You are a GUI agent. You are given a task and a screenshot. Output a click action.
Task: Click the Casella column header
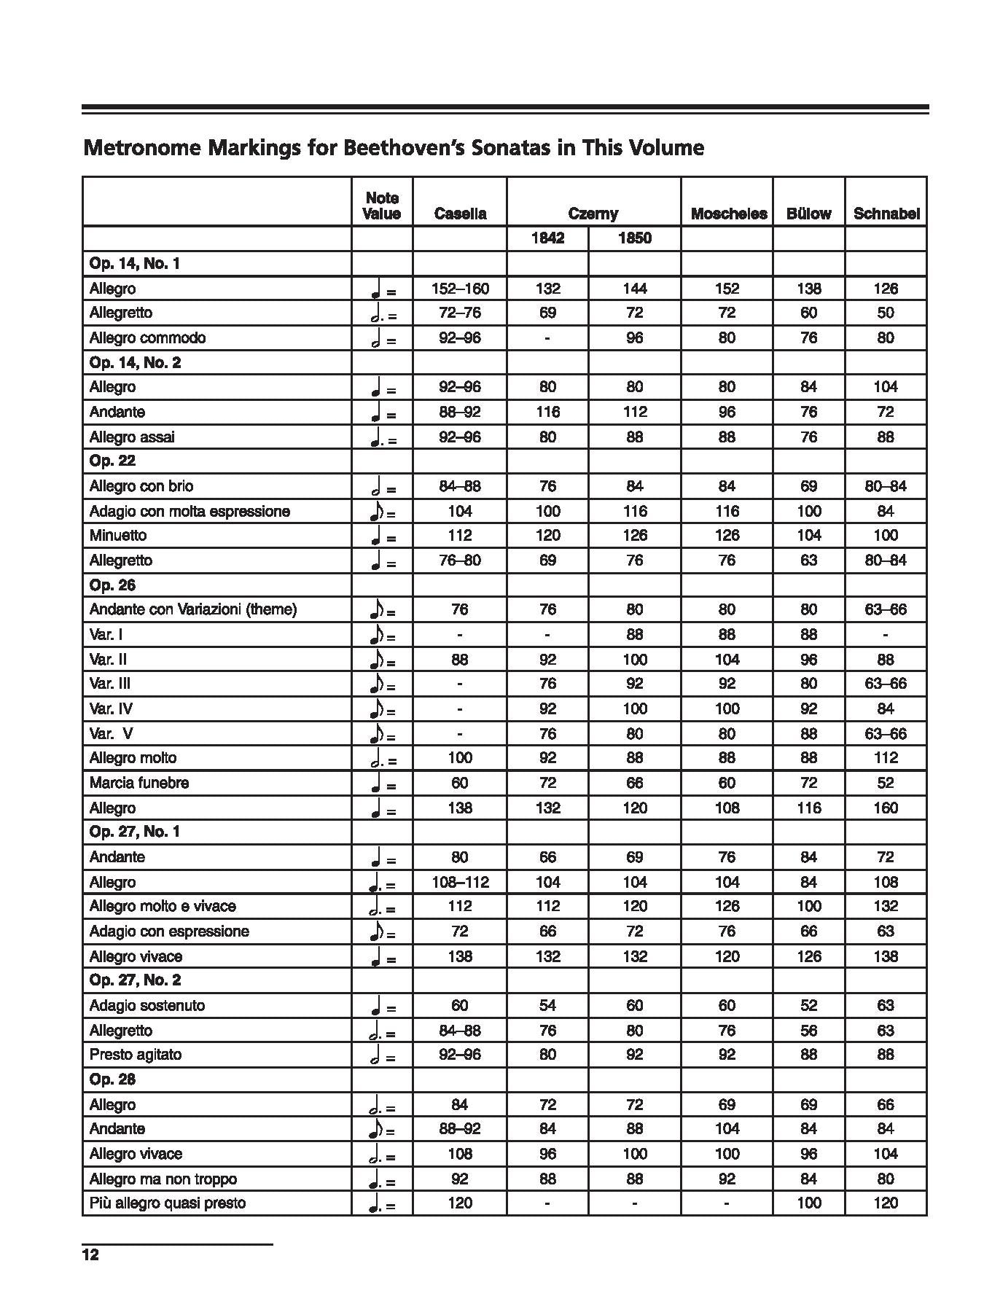(460, 214)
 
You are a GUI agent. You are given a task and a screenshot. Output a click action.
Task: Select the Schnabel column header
(886, 214)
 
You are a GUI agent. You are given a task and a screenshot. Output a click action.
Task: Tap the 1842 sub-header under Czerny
(547, 238)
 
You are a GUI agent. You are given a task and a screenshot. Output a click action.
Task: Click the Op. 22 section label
(112, 461)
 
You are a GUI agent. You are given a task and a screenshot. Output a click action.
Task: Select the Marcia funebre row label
(138, 783)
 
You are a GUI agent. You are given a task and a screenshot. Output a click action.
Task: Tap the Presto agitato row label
(135, 1054)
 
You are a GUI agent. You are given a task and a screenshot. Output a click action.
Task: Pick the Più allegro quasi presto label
(167, 1203)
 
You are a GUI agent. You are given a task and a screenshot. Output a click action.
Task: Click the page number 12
(90, 1254)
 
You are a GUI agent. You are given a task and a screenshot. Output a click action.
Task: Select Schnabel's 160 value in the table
(886, 808)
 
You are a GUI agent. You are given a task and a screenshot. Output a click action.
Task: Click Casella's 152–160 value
(460, 289)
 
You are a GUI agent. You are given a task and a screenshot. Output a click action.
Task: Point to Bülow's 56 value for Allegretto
(808, 1031)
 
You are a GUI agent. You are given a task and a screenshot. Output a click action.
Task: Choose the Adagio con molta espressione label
(190, 511)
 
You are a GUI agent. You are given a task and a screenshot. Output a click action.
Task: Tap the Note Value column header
(382, 206)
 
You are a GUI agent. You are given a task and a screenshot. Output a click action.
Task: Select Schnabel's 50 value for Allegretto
(886, 313)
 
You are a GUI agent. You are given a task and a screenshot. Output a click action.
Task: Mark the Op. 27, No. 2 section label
(135, 980)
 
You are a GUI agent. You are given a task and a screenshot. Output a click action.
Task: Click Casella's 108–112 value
(460, 882)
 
